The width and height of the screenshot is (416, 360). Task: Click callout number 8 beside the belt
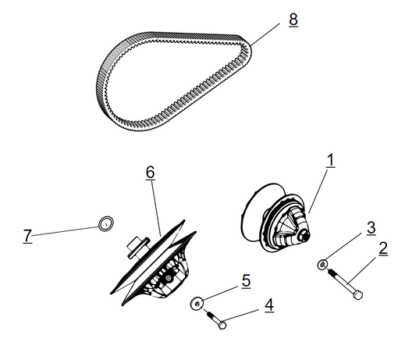(x=293, y=20)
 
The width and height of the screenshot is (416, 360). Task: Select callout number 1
(x=330, y=160)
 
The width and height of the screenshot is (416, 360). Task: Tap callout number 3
(x=372, y=227)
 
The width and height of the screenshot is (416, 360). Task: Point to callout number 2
(x=383, y=249)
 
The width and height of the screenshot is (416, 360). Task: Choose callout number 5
(x=245, y=280)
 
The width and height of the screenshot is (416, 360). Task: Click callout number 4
(x=268, y=305)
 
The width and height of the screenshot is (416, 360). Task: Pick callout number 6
(x=151, y=171)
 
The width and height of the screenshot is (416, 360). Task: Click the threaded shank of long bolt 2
(x=340, y=280)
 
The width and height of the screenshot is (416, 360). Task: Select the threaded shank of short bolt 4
(x=212, y=315)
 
